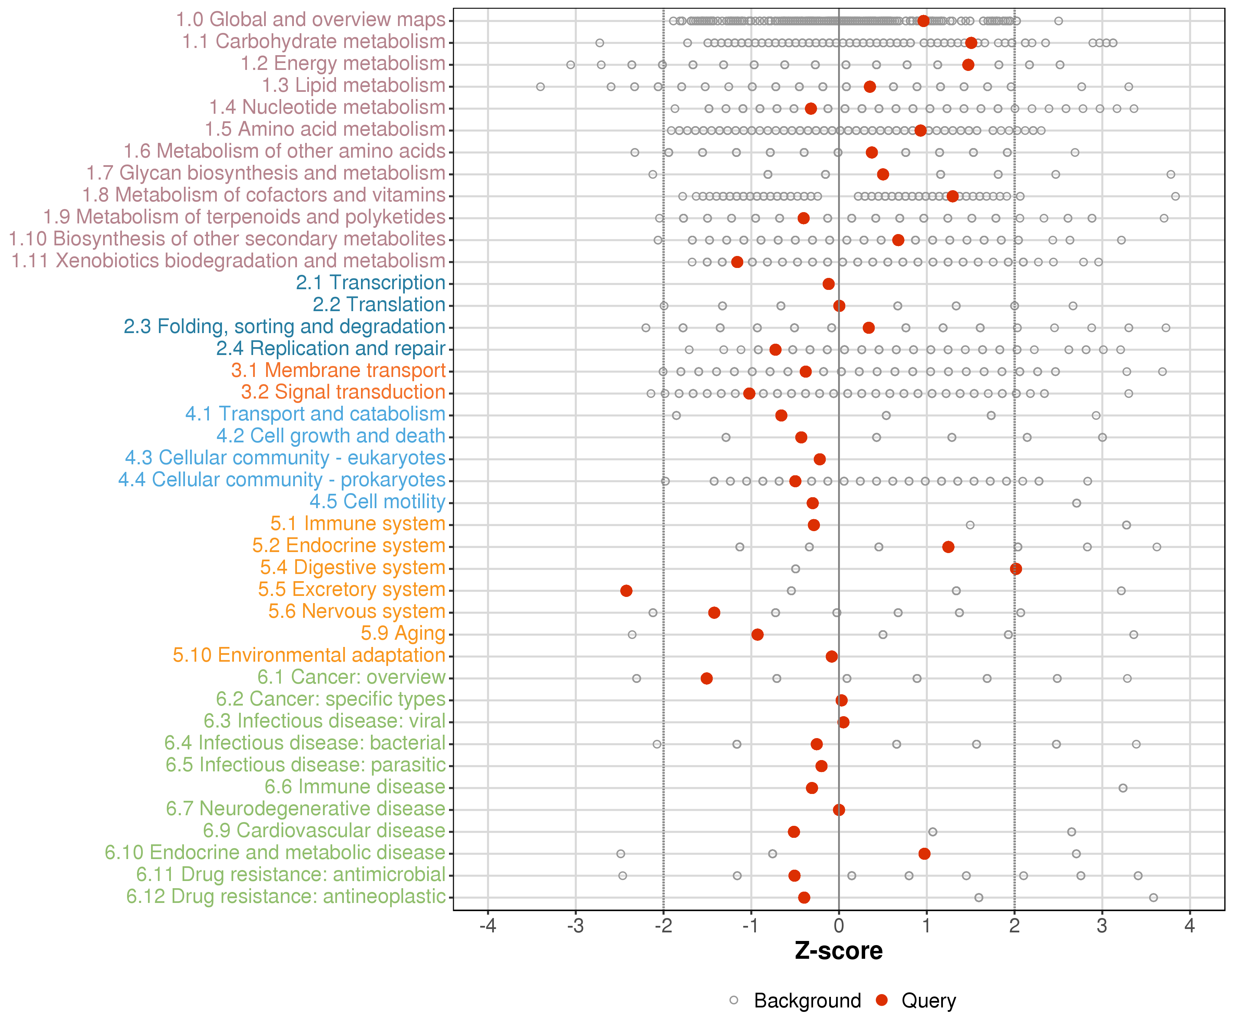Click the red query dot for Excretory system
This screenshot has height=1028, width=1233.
[626, 590]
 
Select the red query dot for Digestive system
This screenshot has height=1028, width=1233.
[1016, 568]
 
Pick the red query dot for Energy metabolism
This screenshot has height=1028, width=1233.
[968, 65]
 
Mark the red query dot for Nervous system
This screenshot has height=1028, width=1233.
[714, 613]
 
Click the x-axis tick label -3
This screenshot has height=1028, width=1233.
[575, 926]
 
